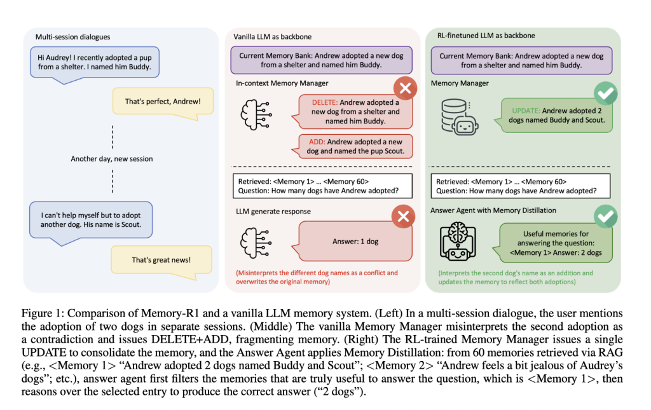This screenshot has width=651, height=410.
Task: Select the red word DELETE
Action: [324, 102]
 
